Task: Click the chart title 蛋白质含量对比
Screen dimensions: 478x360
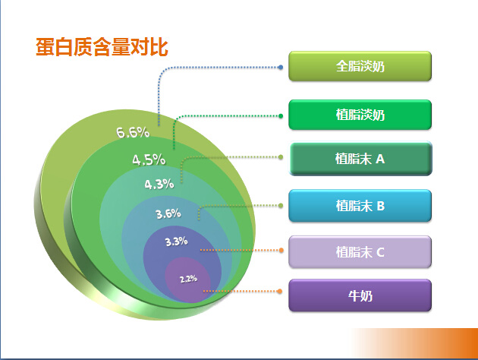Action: [102, 47]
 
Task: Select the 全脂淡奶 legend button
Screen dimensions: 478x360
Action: [360, 66]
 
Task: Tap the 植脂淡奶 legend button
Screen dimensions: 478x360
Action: [360, 115]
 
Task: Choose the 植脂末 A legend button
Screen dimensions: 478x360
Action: [360, 159]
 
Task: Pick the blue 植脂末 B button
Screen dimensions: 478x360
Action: [360, 206]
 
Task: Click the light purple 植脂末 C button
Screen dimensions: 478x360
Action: [360, 252]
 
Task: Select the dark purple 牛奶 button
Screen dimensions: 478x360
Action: [360, 295]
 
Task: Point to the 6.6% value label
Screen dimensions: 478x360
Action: [133, 132]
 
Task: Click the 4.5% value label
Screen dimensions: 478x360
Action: [149, 159]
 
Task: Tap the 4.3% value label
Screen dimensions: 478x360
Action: [159, 185]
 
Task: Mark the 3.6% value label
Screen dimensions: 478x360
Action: [168, 213]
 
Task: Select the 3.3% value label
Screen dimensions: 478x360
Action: [177, 242]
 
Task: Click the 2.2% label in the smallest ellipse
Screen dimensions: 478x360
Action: [188, 279]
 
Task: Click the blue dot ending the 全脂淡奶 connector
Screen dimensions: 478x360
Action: [281, 67]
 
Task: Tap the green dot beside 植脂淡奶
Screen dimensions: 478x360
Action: [281, 116]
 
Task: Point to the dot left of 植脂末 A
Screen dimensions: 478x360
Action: [281, 157]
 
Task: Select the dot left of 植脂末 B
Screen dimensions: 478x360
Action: [281, 206]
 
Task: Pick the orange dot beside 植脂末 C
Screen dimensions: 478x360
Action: [281, 250]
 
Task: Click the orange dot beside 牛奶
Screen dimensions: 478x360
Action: [279, 292]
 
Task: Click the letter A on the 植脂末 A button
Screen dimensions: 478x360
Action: [380, 159]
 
